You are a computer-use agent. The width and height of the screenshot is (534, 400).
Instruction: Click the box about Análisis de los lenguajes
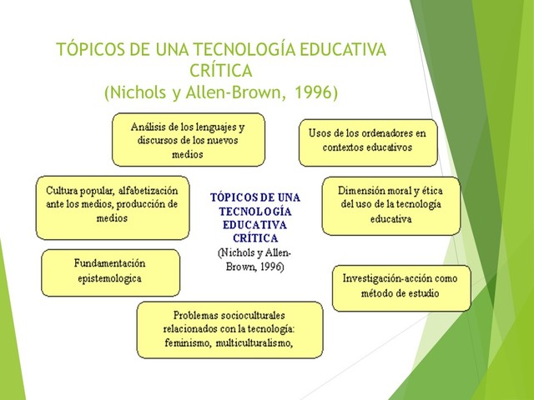[x=188, y=140]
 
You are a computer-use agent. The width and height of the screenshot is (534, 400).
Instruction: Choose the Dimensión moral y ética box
[x=390, y=204]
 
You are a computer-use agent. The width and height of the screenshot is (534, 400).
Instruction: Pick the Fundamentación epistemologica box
[x=110, y=271]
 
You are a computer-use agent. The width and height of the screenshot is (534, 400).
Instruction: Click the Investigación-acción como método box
[x=401, y=286]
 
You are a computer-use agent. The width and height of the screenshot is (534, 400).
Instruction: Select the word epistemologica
[x=110, y=278]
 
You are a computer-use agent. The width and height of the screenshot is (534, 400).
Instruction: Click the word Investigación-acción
[x=381, y=279]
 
